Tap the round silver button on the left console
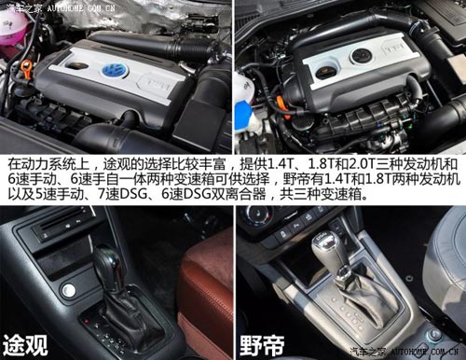(68, 289)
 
